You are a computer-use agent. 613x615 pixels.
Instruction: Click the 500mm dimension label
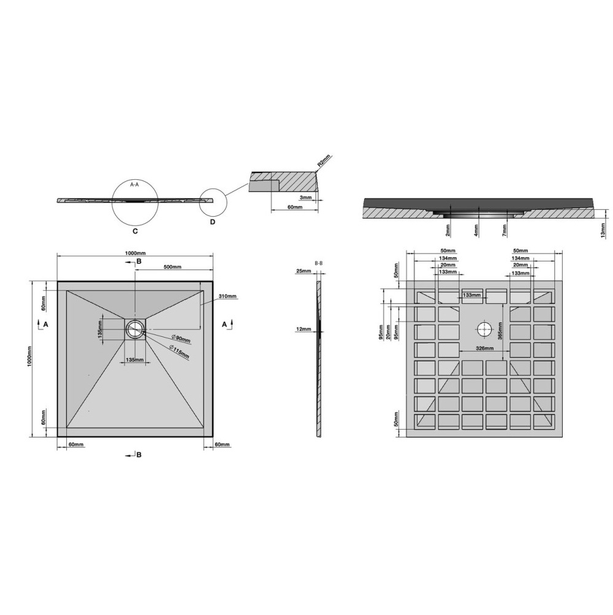[172, 267]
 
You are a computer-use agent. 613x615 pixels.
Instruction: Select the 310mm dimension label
[227, 296]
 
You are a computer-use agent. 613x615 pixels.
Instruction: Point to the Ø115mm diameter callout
[179, 352]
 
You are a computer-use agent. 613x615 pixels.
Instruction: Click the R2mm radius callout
[324, 161]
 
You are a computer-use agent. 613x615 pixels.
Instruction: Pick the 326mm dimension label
[484, 348]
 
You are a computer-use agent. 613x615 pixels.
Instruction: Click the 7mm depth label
[504, 230]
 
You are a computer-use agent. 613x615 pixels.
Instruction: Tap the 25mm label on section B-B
[303, 271]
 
